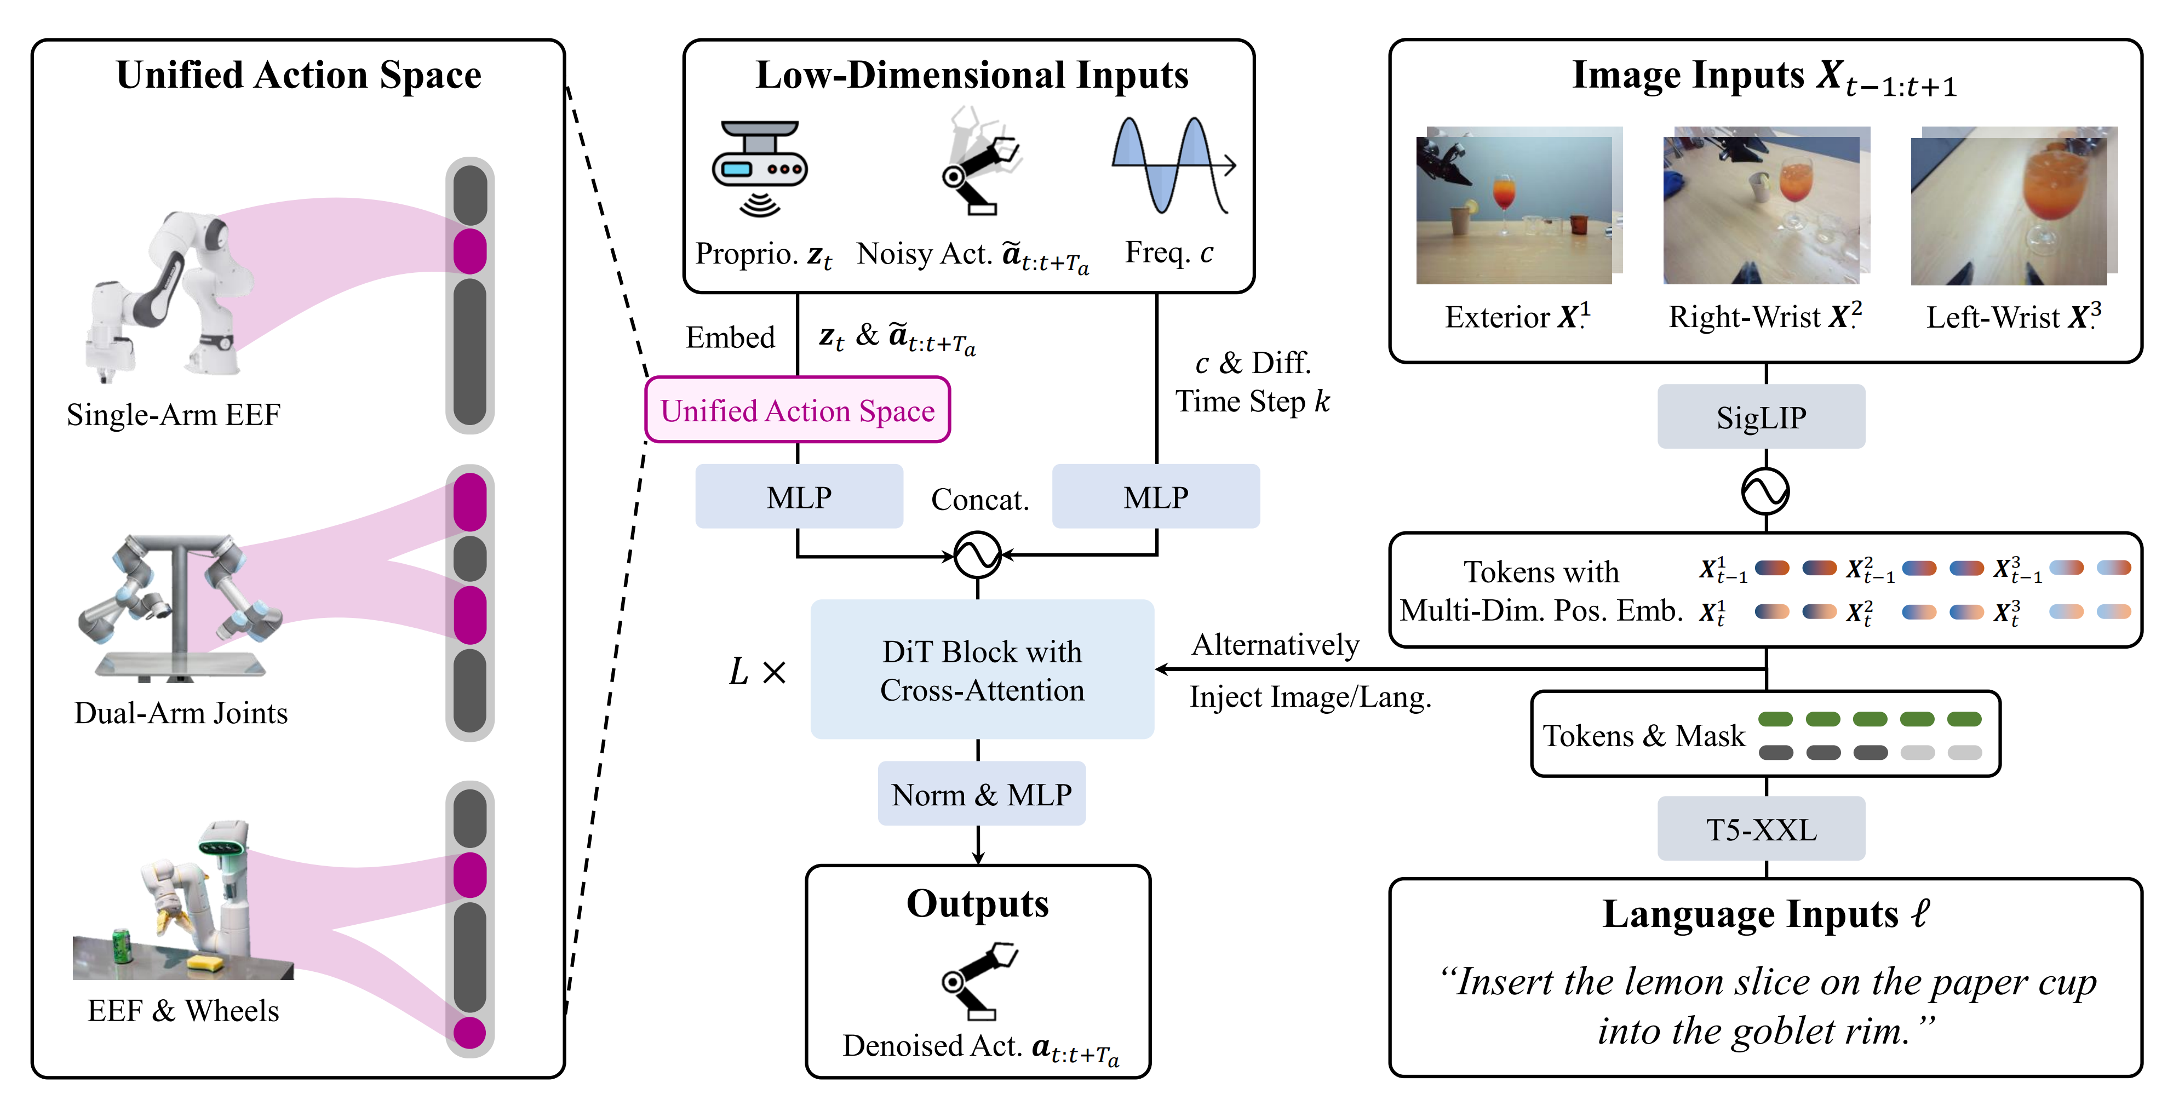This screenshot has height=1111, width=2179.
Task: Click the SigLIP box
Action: [x=1761, y=416]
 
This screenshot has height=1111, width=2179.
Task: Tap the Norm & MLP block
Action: [x=981, y=794]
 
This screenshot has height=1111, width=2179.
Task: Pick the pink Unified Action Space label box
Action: [x=798, y=410]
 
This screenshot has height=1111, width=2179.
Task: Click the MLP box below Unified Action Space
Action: [x=799, y=497]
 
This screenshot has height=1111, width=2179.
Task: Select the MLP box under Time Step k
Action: [x=1155, y=497]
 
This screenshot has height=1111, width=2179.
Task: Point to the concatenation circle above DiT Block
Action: [x=977, y=555]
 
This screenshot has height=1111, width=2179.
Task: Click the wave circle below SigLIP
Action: [x=1765, y=491]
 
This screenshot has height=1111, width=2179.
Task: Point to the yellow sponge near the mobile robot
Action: [x=205, y=962]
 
